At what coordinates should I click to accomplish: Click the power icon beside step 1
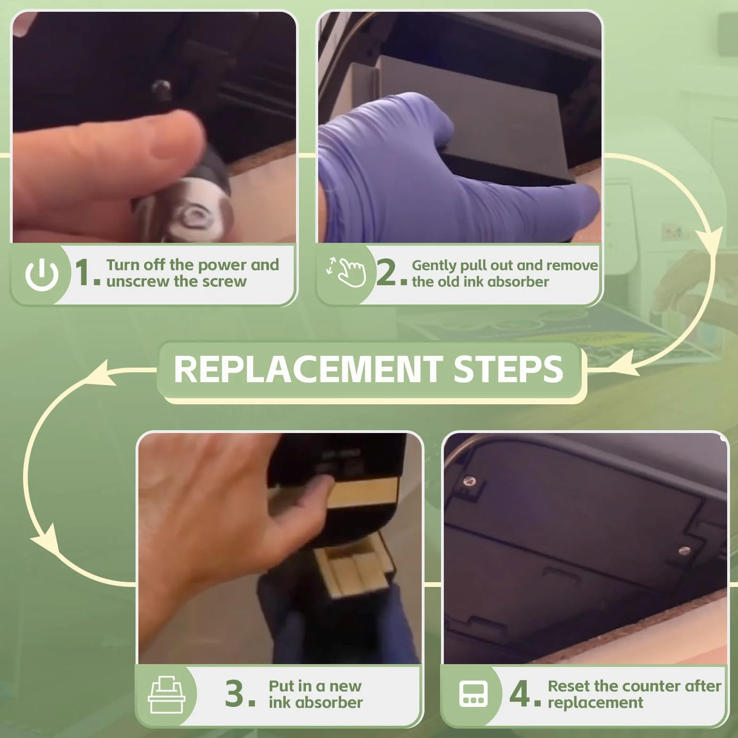tap(42, 274)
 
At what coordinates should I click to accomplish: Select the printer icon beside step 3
tap(167, 695)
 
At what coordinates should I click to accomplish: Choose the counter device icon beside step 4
tap(473, 694)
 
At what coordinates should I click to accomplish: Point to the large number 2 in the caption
tap(387, 273)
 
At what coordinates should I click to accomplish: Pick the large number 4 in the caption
tap(520, 693)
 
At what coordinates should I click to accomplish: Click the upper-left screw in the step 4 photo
tap(469, 481)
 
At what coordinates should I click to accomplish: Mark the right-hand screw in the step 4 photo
tap(684, 550)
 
